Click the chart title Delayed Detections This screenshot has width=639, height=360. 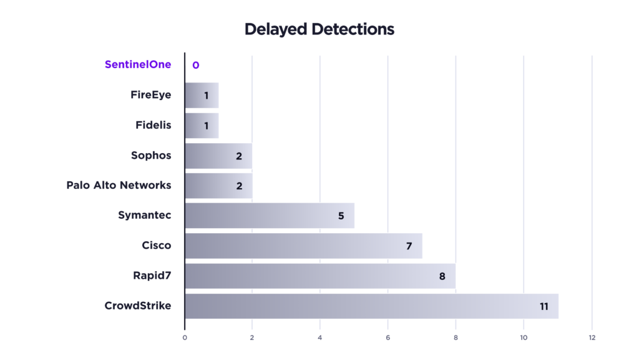(x=319, y=29)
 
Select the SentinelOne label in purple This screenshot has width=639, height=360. (x=138, y=64)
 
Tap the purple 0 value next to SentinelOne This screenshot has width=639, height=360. (x=195, y=65)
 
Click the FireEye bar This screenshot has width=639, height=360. (x=202, y=95)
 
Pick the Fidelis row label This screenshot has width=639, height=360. (x=153, y=125)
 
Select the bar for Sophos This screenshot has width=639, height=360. (x=218, y=156)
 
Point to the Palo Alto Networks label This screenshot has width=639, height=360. (x=119, y=185)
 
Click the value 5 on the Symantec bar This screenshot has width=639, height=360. (x=341, y=216)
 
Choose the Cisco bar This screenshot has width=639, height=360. (x=303, y=246)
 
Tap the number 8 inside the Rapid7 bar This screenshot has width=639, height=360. (x=442, y=276)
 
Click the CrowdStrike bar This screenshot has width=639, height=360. (x=371, y=306)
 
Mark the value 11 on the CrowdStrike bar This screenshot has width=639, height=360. (x=544, y=306)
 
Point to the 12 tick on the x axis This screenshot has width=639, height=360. (x=592, y=338)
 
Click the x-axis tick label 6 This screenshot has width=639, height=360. (x=388, y=338)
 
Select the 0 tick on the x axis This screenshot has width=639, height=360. (x=185, y=338)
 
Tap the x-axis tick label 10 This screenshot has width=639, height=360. (x=524, y=338)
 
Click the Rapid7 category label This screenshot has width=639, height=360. (x=152, y=276)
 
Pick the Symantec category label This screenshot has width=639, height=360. (x=144, y=216)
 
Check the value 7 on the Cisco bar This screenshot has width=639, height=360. (x=409, y=246)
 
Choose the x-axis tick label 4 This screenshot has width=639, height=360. (x=320, y=338)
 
